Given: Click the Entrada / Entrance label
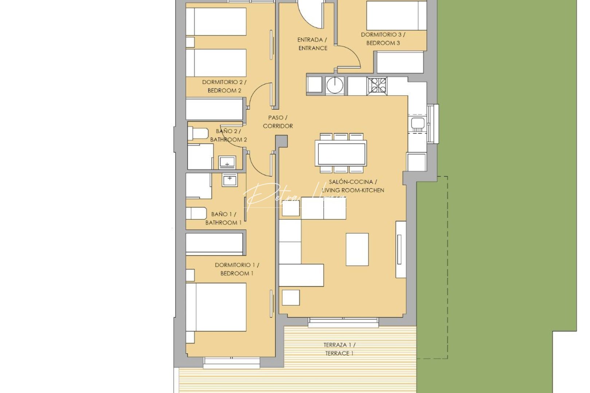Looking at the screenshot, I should pyautogui.click(x=312, y=44).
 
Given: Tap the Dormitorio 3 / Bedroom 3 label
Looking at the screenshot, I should pyautogui.click(x=383, y=39).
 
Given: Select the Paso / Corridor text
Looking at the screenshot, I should pyautogui.click(x=278, y=122).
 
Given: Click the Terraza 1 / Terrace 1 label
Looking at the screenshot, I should pyautogui.click(x=339, y=349).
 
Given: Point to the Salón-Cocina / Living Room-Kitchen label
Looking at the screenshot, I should pyautogui.click(x=353, y=186).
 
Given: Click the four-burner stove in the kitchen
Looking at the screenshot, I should pyautogui.click(x=377, y=86).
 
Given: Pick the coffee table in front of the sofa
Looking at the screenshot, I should pyautogui.click(x=357, y=249).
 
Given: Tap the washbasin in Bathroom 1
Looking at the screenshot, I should pyautogui.click(x=229, y=180).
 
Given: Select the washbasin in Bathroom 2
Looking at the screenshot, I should pyautogui.click(x=227, y=162).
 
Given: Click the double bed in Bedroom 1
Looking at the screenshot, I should pyautogui.click(x=216, y=307).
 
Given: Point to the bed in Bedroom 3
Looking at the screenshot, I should pyautogui.click(x=396, y=15).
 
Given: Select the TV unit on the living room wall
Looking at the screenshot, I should pyautogui.click(x=401, y=249).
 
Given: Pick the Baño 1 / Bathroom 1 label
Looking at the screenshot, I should pyautogui.click(x=223, y=218).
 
